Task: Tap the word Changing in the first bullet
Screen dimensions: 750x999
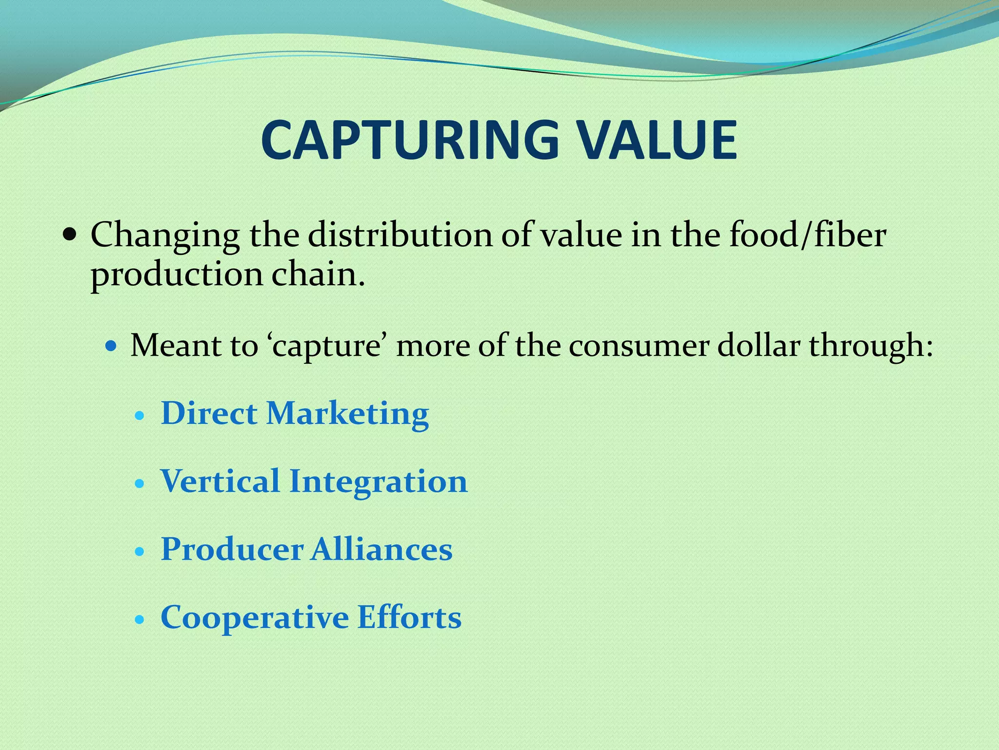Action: click(165, 236)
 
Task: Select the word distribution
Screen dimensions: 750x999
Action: click(400, 235)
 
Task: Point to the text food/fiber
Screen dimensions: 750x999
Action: click(807, 235)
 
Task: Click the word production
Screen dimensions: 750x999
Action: click(176, 275)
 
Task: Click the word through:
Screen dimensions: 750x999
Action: click(871, 346)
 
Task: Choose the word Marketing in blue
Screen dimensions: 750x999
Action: click(347, 414)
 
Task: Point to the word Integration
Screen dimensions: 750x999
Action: click(379, 482)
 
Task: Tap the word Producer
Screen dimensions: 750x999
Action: click(232, 549)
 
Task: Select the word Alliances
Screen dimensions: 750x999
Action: click(382, 549)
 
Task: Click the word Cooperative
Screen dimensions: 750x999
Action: click(255, 618)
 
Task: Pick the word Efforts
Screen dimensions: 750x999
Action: click(409, 617)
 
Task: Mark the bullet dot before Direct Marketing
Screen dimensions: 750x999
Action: click(140, 417)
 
